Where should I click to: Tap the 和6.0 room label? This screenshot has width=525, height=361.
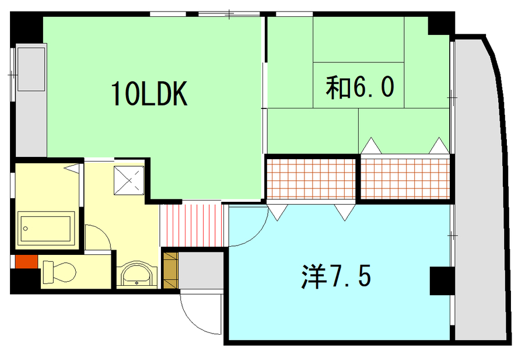pos(360,87)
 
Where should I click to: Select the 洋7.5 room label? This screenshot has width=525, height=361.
pos(336,276)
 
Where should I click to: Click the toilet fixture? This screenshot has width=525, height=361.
pos(59,271)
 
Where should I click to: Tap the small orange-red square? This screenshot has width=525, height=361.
pos(26,261)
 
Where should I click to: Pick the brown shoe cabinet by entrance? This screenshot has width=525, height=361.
pos(170,270)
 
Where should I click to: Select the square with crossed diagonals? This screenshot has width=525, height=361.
pos(129,180)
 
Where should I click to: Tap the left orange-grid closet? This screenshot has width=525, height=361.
pos(311,179)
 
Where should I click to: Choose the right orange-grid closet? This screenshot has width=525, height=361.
pos(405,179)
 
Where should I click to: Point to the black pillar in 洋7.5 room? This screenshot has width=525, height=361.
pos(442,281)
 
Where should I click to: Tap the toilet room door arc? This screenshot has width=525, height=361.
pos(104,231)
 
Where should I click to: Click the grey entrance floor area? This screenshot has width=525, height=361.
pos(201,270)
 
